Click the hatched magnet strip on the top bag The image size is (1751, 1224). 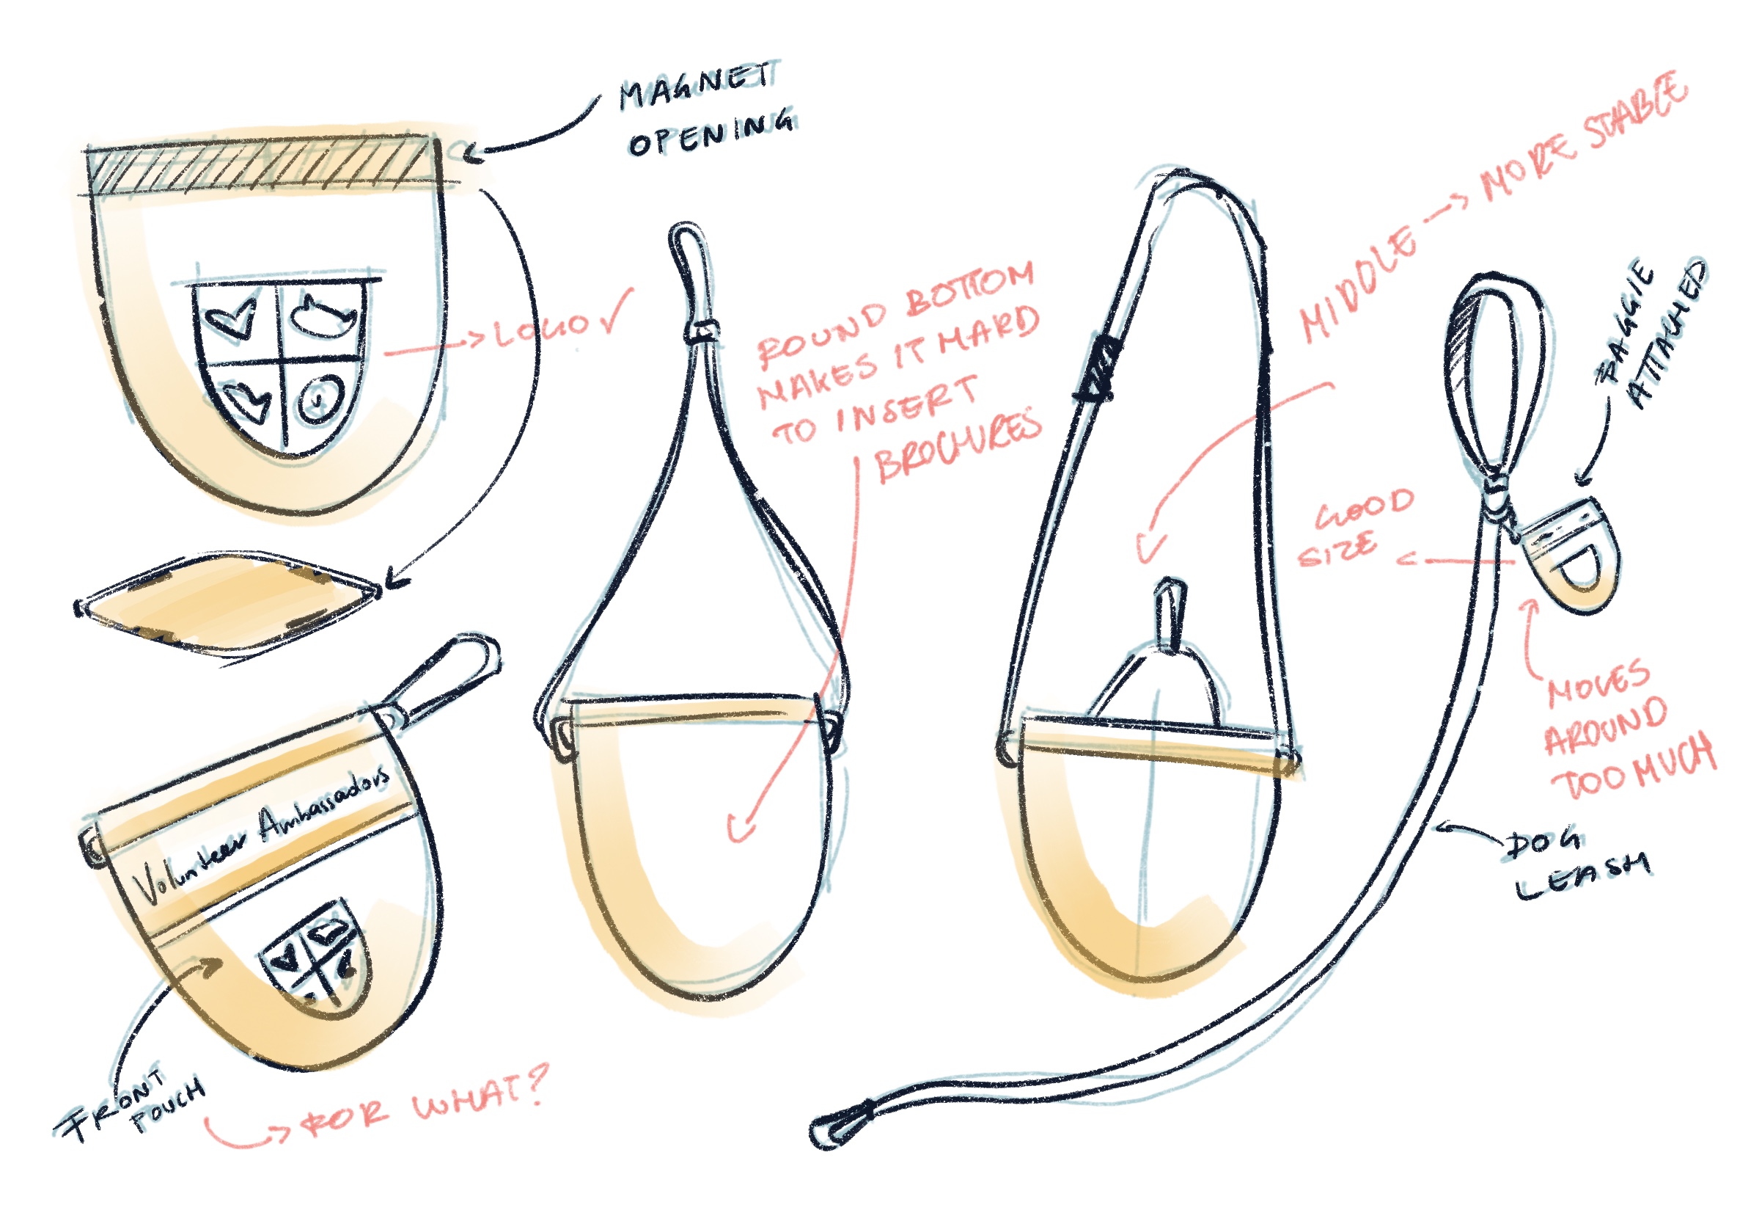[260, 167]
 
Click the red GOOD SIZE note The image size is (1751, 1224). [1354, 527]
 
